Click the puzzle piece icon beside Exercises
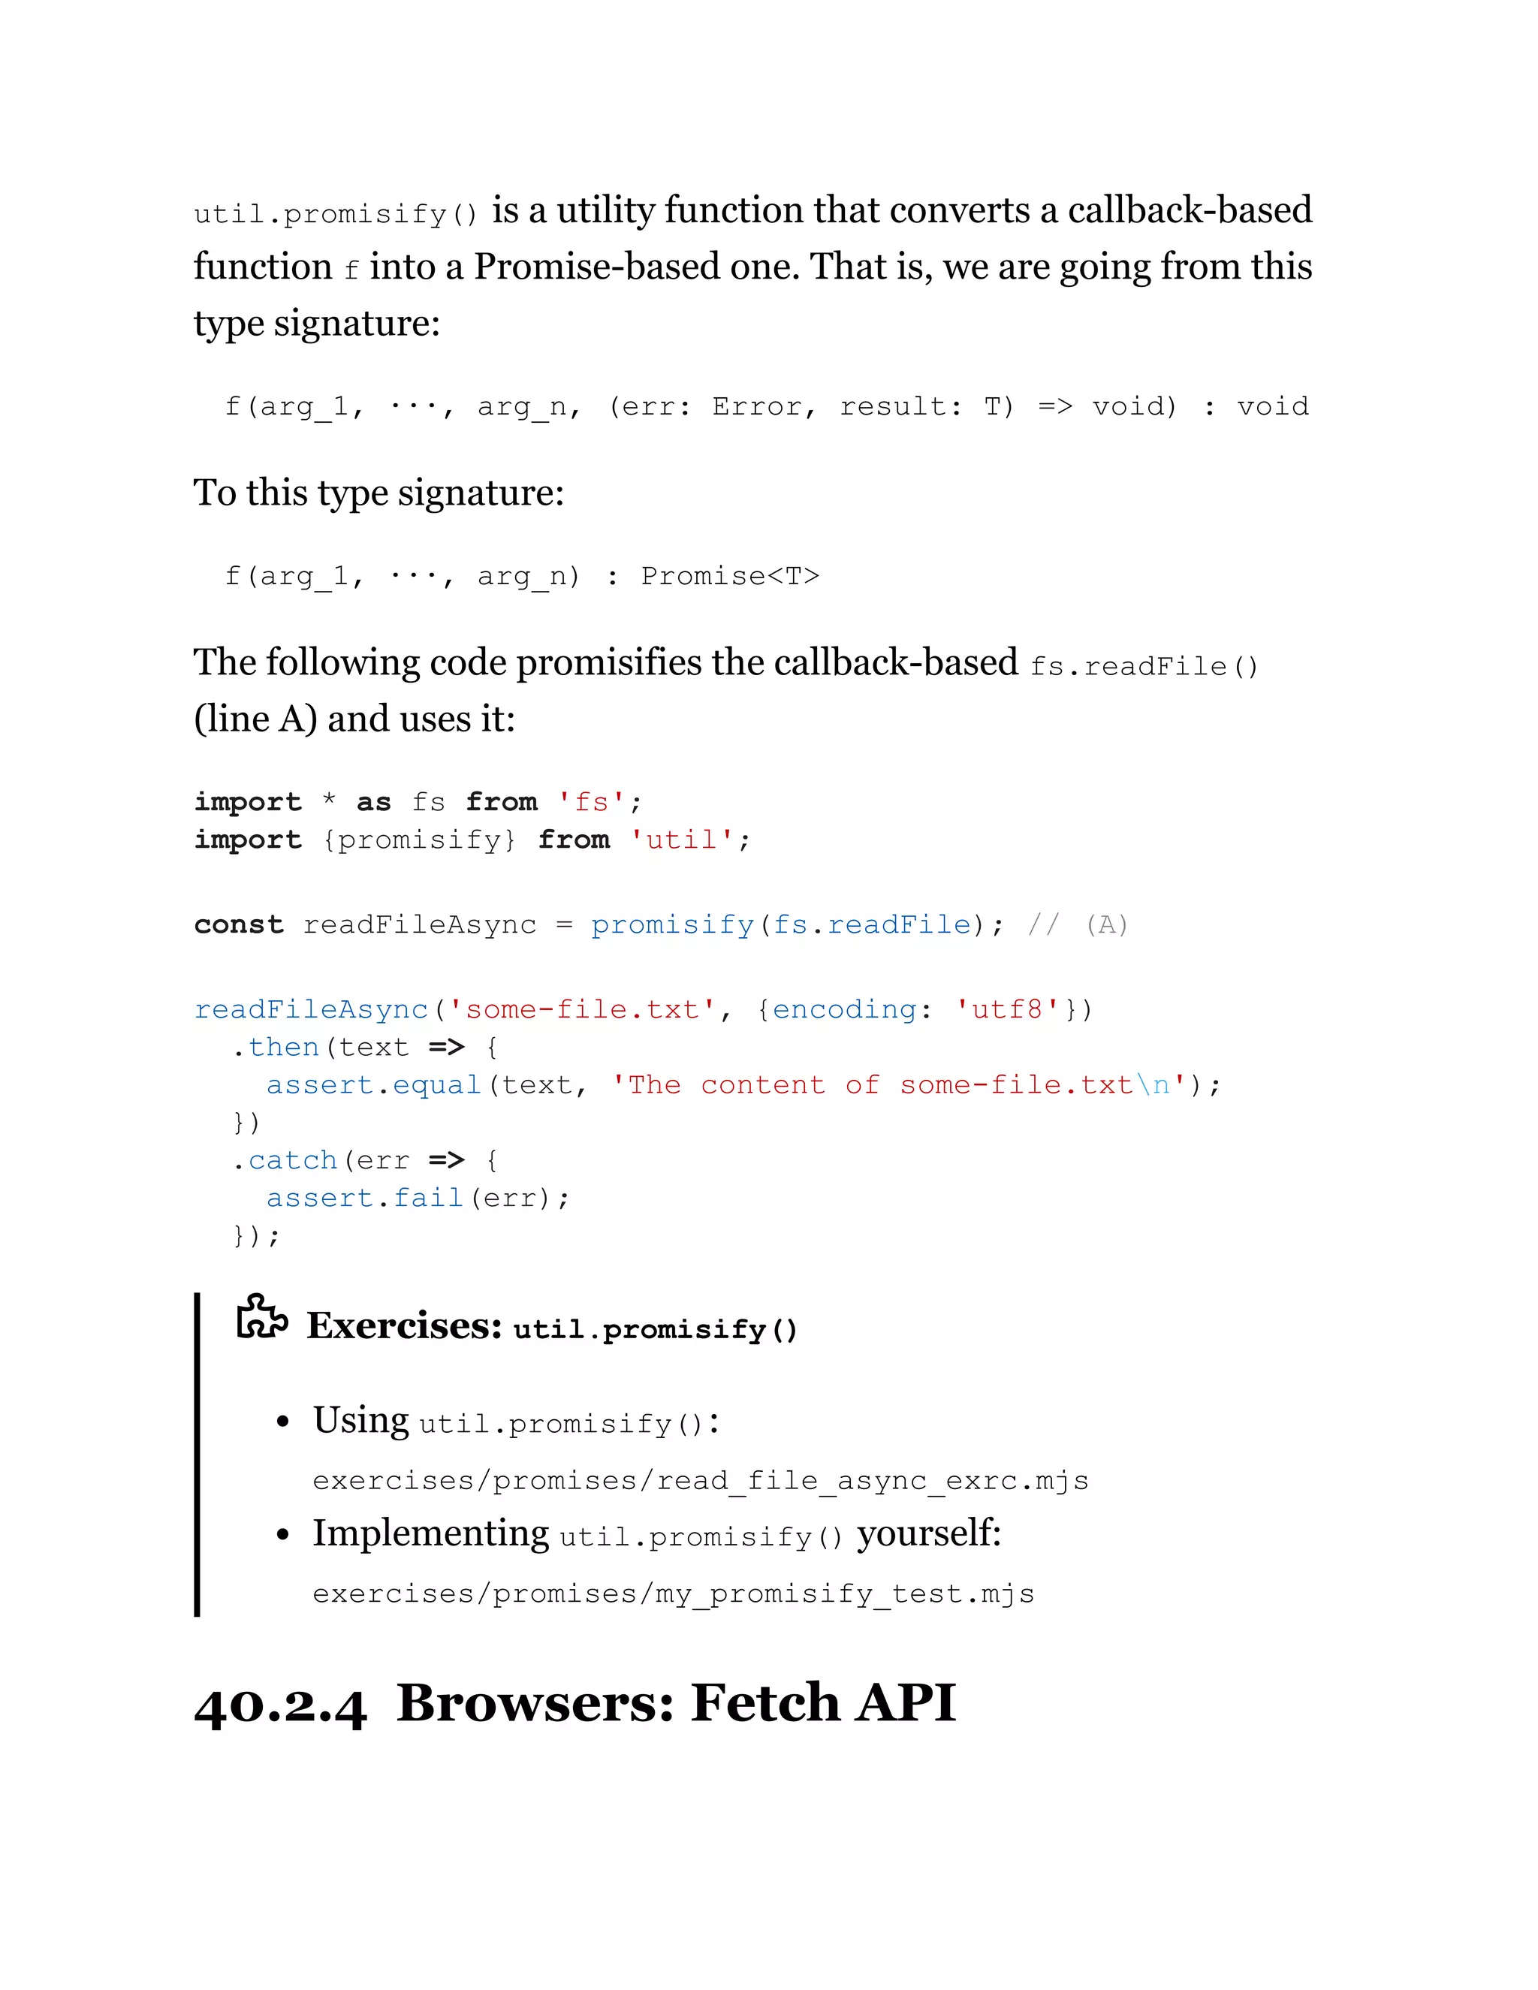tap(261, 1318)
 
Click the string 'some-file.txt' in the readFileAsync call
tap(582, 1009)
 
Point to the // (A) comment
tap(1078, 925)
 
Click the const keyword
tap(239, 925)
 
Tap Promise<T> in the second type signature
tap(730, 576)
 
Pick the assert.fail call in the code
tap(364, 1199)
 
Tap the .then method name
tap(282, 1047)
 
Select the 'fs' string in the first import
tap(591, 802)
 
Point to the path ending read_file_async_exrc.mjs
tap(700, 1481)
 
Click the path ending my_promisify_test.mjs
tap(672, 1594)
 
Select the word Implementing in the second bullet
tap(430, 1534)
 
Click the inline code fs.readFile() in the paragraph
tap(1144, 667)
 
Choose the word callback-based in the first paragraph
tap(1189, 210)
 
